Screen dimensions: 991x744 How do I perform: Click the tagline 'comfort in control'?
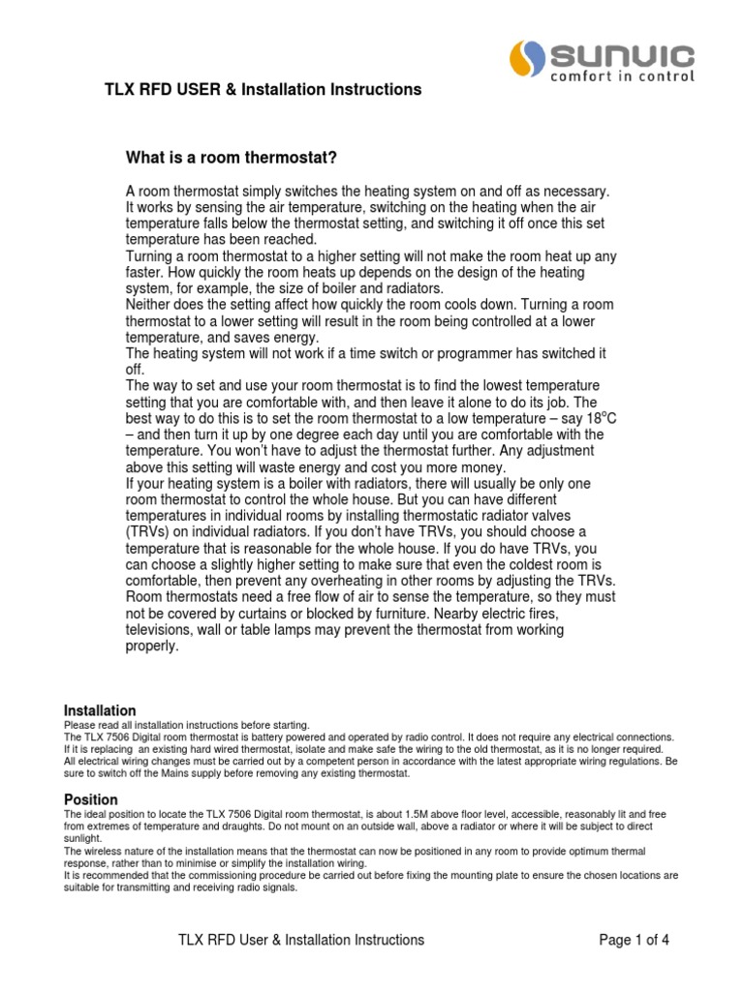[x=624, y=75]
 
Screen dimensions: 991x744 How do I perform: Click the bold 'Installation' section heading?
[x=100, y=710]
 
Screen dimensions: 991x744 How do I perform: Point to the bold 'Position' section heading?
[x=91, y=799]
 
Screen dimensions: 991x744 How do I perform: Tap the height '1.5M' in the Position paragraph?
[x=405, y=815]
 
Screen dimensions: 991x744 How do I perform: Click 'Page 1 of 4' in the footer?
[x=635, y=940]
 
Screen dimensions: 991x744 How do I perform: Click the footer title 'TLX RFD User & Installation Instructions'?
[x=300, y=940]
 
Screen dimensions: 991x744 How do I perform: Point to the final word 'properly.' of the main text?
[x=153, y=647]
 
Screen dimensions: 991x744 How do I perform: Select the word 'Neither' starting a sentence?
[x=152, y=305]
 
